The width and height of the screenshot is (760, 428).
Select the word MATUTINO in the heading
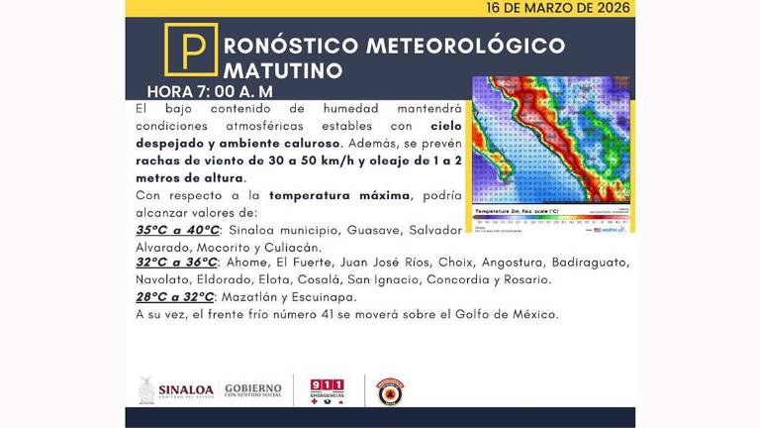pos(285,70)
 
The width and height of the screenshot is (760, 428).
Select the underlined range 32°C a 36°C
pos(176,263)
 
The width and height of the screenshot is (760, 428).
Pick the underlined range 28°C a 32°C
pos(174,296)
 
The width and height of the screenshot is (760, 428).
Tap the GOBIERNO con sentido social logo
pos(252,390)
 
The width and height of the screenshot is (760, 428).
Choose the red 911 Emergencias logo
pos(328,390)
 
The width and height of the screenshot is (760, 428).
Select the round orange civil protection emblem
pos(391,390)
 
